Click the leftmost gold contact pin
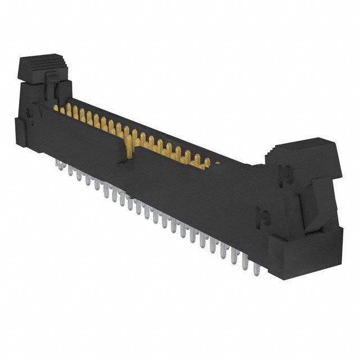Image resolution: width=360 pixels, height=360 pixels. pyautogui.click(x=56, y=107)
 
